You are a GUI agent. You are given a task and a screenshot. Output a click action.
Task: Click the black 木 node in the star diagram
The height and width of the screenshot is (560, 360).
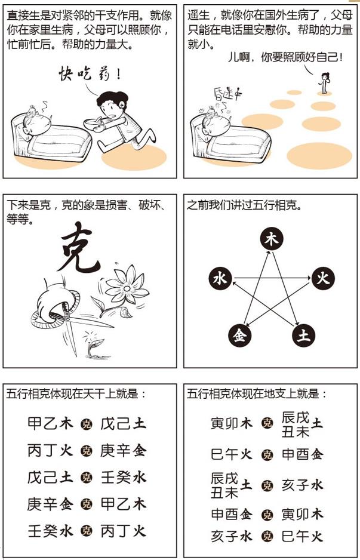[x=271, y=240]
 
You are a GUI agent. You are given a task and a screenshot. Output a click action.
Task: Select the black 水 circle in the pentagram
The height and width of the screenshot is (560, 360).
[x=220, y=279]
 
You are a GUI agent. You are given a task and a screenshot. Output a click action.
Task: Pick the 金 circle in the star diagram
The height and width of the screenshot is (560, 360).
[x=240, y=336]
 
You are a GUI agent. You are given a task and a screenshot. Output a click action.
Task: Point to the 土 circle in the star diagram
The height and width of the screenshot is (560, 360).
[x=303, y=336]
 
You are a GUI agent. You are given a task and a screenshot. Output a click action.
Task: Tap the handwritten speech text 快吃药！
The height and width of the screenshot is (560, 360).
[x=90, y=75]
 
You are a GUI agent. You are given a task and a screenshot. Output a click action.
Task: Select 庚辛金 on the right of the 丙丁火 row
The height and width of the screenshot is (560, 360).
[x=123, y=450]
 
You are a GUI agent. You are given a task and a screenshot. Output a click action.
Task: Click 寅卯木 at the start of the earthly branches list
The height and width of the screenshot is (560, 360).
[x=232, y=424]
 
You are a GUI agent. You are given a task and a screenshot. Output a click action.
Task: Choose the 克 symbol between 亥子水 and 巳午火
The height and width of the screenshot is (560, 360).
[x=267, y=536]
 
